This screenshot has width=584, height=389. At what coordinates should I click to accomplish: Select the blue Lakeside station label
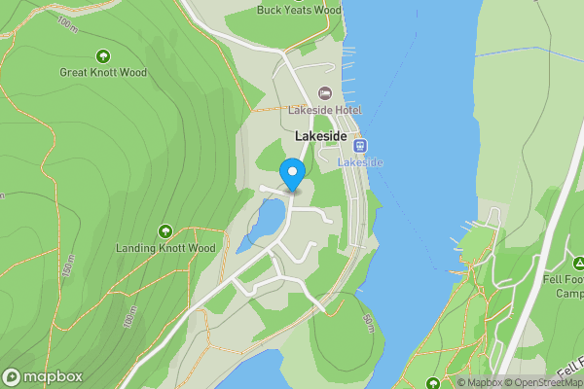click(x=360, y=162)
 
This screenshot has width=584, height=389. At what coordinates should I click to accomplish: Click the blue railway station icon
click(x=360, y=146)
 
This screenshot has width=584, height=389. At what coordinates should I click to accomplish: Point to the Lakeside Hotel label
click(x=317, y=110)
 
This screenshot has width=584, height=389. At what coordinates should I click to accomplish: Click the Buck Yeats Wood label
click(x=299, y=11)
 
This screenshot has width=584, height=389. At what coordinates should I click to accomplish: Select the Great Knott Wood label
click(x=102, y=72)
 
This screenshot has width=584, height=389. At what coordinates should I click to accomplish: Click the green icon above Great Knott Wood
click(x=104, y=54)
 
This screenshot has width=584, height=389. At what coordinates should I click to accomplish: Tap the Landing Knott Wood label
click(x=165, y=248)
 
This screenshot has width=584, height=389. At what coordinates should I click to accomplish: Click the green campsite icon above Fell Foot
click(x=577, y=263)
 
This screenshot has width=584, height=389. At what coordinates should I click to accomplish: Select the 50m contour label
click(x=368, y=324)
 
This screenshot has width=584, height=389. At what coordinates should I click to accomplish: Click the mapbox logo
click(x=43, y=377)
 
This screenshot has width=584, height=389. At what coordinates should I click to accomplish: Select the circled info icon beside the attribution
click(x=449, y=382)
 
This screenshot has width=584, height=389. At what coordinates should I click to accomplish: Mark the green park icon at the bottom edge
click(x=433, y=382)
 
